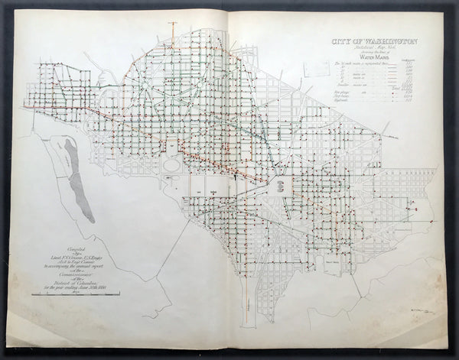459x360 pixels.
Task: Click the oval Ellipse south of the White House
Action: [174, 163]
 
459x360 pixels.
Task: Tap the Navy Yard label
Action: [331, 259]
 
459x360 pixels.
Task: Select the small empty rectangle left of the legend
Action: [315, 69]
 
